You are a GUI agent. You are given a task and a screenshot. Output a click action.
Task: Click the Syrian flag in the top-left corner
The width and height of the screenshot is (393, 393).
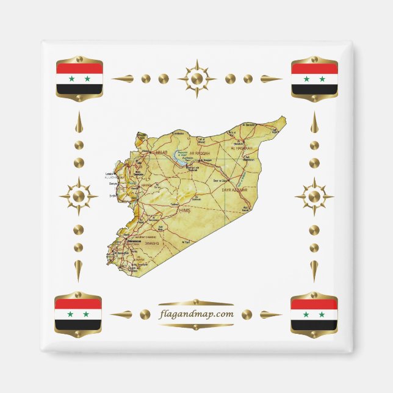[79, 78]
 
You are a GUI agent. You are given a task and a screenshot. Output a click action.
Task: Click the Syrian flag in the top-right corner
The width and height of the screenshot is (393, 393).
[314, 78]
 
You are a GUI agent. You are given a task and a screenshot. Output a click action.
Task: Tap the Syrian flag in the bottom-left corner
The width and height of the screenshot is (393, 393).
[78, 314]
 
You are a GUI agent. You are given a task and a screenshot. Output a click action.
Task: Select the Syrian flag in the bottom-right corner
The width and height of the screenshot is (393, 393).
[314, 314]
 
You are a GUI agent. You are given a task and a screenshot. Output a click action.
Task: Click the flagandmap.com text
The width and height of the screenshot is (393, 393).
[195, 314]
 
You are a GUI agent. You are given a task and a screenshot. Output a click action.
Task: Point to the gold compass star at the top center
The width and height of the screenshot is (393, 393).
[196, 78]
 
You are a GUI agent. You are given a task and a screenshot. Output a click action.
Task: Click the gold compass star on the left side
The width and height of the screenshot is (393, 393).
[78, 196]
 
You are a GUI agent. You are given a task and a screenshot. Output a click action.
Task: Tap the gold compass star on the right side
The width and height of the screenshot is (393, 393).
[314, 196]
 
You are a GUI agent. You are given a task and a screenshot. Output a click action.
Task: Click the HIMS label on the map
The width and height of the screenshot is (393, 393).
[185, 210]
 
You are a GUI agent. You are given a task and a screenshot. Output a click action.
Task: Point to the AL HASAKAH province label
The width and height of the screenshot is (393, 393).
[241, 148]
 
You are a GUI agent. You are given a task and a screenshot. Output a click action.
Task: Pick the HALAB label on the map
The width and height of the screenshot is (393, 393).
[161, 151]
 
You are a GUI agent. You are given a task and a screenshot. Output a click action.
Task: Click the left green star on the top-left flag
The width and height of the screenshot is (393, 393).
[71, 79]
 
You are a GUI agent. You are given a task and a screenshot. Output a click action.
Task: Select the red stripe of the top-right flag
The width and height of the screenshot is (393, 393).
[314, 68]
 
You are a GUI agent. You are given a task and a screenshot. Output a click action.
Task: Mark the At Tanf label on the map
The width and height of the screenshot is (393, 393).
[187, 242]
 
